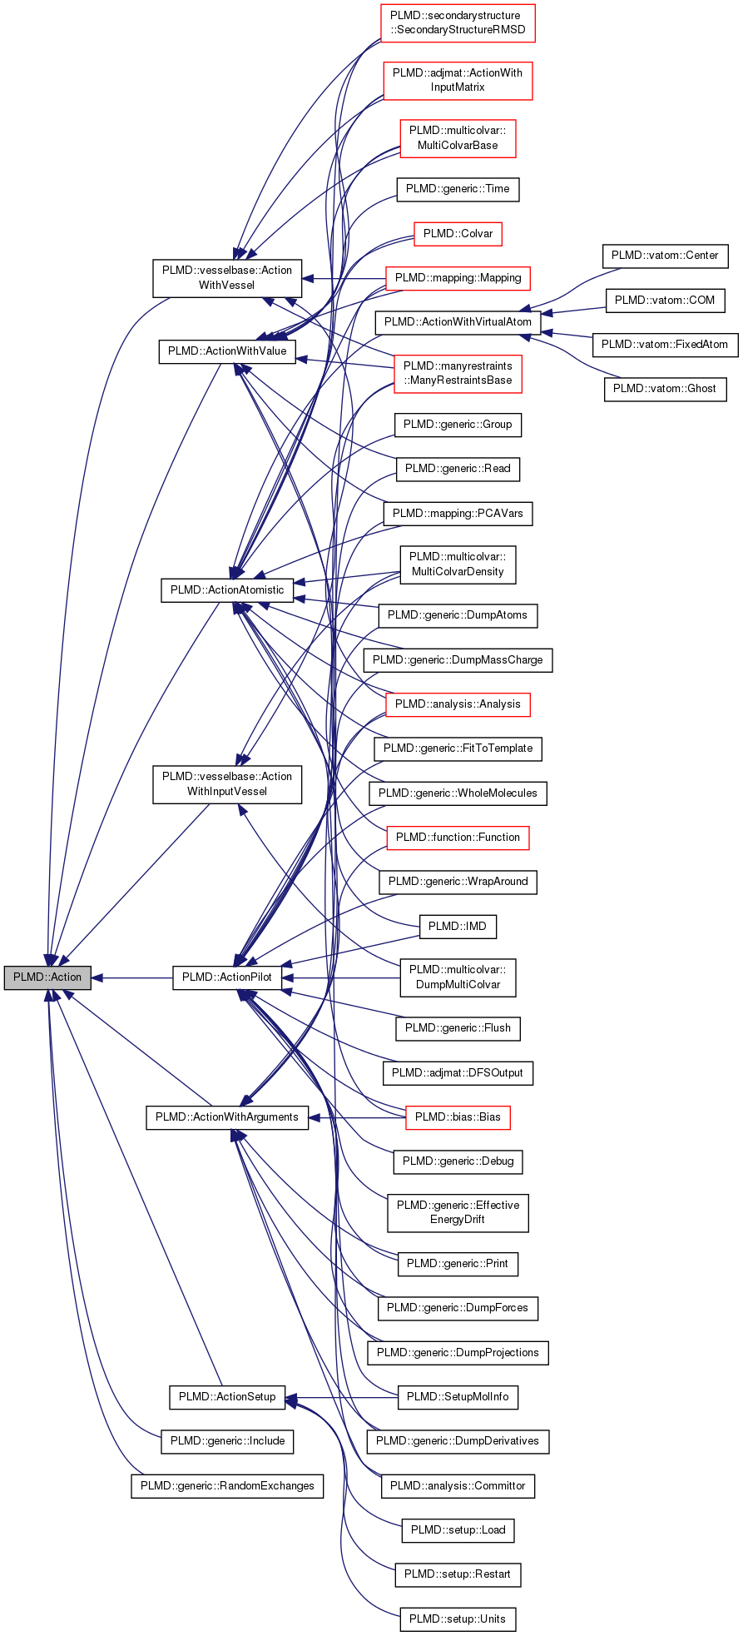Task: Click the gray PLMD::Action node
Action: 47,977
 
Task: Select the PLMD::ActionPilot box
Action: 226,977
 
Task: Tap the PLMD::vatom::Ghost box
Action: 664,389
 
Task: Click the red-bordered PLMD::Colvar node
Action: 458,234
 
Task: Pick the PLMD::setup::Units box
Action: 458,1619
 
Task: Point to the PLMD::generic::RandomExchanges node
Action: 227,1485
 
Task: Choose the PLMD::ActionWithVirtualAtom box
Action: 458,322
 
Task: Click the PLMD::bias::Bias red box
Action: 458,1117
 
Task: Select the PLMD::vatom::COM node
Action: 664,301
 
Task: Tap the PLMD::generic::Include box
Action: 227,1441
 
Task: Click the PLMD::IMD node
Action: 458,926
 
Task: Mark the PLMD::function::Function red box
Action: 458,838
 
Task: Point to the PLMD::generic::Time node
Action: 458,189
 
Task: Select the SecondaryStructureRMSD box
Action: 458,23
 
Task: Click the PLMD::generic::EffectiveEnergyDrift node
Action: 458,1212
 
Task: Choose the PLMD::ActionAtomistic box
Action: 227,590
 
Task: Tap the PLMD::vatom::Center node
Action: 664,256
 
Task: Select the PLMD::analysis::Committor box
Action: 458,1485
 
